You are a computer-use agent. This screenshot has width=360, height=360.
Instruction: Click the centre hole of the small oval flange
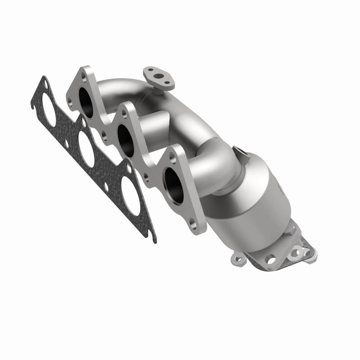click(158, 75)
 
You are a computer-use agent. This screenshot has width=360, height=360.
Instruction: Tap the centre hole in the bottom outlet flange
click(270, 259)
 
